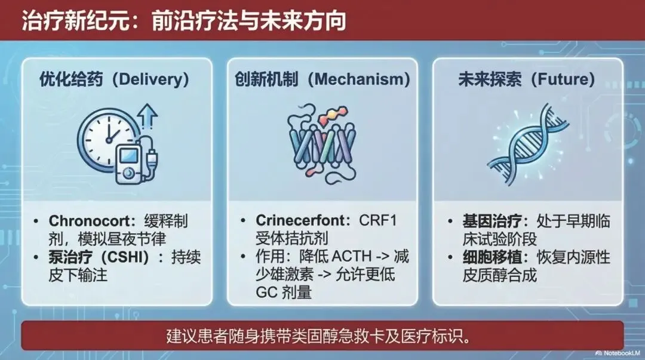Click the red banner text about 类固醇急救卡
click(x=319, y=336)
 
